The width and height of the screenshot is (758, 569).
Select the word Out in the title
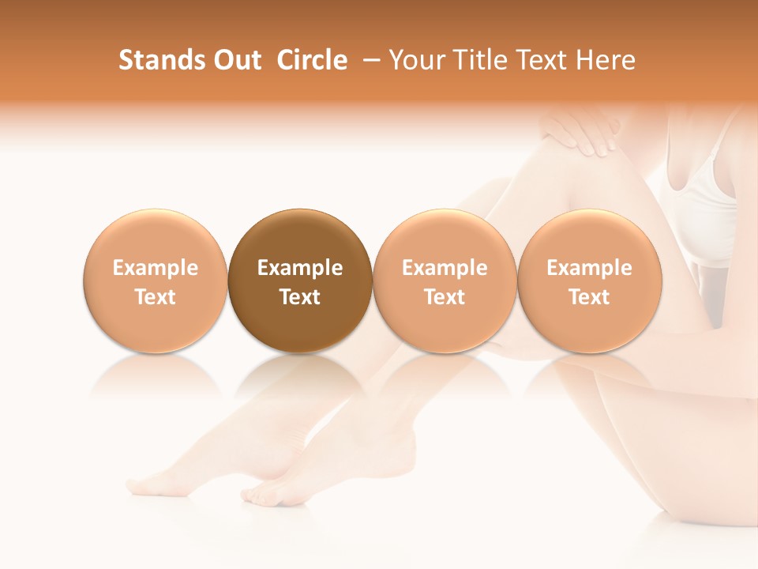click(235, 60)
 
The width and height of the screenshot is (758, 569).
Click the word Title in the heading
click(476, 60)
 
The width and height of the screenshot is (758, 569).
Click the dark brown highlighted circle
click(300, 281)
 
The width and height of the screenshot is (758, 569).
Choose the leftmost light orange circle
click(156, 281)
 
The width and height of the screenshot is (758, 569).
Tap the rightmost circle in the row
click(590, 281)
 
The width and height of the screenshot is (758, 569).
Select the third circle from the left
click(445, 281)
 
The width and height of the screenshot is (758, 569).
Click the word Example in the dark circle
click(300, 268)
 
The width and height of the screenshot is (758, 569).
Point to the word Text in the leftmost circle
click(156, 297)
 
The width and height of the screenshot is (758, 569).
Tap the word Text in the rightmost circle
click(590, 297)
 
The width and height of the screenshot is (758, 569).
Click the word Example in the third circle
click(445, 268)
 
